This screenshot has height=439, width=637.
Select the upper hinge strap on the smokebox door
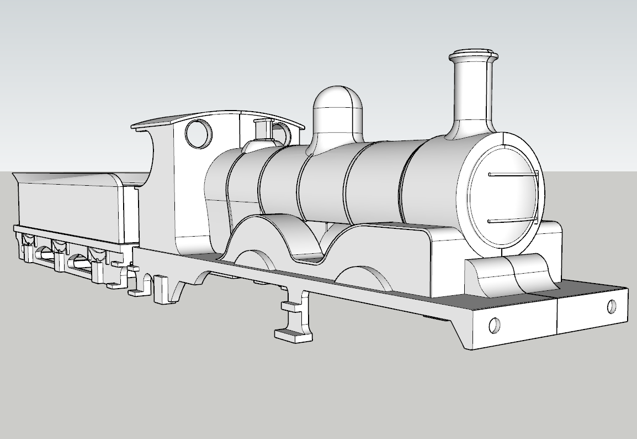pyautogui.click(x=513, y=175)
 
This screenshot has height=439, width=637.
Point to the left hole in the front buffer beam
pyautogui.click(x=495, y=325)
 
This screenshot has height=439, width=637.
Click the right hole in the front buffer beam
pyautogui.click(x=612, y=306)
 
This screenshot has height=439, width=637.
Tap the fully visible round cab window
pyautogui.click(x=198, y=133)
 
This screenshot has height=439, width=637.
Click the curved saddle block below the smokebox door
pyautogui.click(x=511, y=276)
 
